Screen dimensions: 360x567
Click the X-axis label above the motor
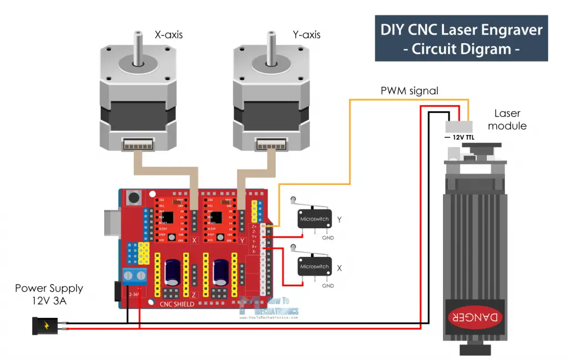pyautogui.click(x=169, y=35)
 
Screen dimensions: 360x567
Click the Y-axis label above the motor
pyautogui.click(x=306, y=35)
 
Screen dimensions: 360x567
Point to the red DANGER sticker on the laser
pyautogui.click(x=476, y=316)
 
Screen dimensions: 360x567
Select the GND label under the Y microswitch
pyautogui.click(x=328, y=239)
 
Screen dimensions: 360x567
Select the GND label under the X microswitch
pyautogui.click(x=328, y=286)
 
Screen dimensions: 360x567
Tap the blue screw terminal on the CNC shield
pyautogui.click(x=135, y=275)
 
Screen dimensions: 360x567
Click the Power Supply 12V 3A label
pyautogui.click(x=49, y=294)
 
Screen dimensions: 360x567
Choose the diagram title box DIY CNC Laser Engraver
pyautogui.click(x=461, y=39)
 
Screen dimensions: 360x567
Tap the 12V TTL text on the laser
pyautogui.click(x=458, y=136)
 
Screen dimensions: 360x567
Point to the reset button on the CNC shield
pyautogui.click(x=133, y=197)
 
